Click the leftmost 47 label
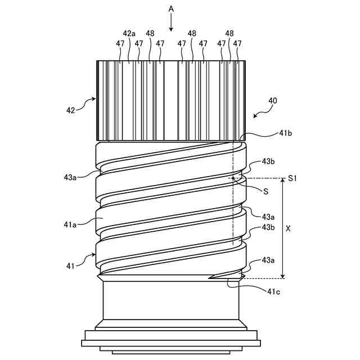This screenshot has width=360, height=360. tap(120, 43)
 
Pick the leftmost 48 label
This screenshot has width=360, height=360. tap(150, 34)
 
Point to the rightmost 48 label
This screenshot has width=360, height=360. tap(229, 34)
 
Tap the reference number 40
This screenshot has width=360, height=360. tap(272, 101)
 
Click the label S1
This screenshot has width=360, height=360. tap(292, 178)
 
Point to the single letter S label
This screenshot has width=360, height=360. tap(265, 191)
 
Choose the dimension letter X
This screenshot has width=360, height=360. tap(289, 229)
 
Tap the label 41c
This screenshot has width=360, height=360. tap(274, 291)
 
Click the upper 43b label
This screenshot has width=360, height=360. tap(268, 162)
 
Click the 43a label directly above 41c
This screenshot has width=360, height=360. tap(268, 260)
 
